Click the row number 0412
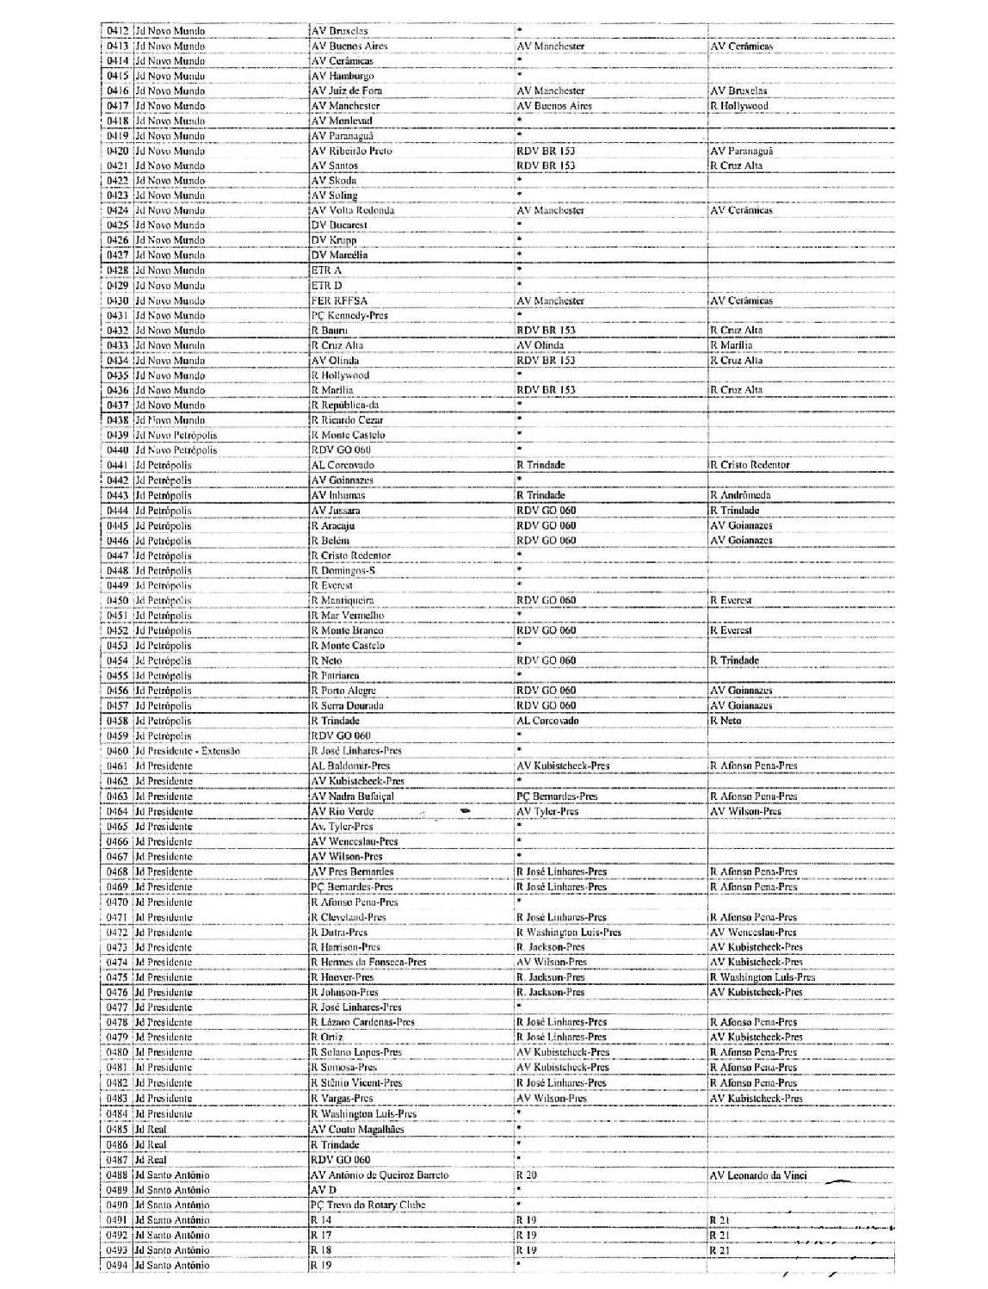tap(118, 31)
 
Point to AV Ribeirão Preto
tap(351, 151)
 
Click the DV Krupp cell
tap(334, 240)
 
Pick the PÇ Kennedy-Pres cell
tap(349, 315)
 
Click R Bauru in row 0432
tap(329, 331)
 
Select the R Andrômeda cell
tap(739, 495)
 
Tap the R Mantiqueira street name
tap(343, 600)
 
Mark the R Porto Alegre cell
tap(343, 691)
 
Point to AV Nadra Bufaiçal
tap(352, 796)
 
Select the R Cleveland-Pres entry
tap(348, 917)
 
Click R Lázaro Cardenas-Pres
tap(362, 1022)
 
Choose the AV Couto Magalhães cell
tap(356, 1130)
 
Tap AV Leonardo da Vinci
tap(758, 1175)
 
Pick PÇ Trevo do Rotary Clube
tap(367, 1205)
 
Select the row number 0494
tap(118, 1265)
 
